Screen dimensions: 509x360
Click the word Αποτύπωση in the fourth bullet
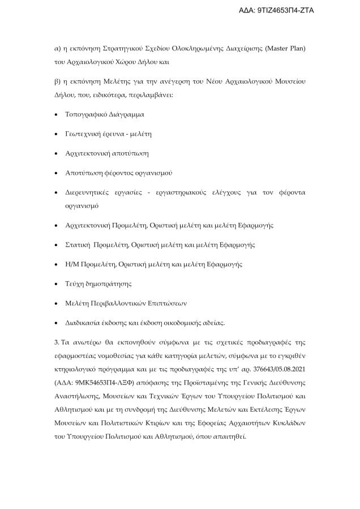84,172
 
